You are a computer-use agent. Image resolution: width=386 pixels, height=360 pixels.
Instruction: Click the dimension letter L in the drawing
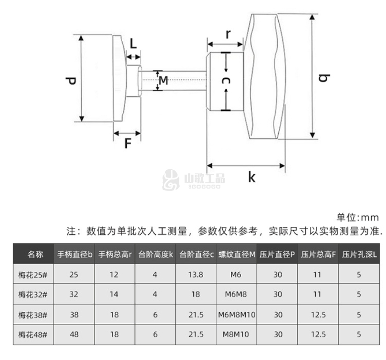click(x=133, y=44)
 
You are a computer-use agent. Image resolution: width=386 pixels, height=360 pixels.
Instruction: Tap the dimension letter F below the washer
click(x=128, y=144)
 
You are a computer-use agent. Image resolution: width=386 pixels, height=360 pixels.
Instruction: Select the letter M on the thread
click(x=163, y=81)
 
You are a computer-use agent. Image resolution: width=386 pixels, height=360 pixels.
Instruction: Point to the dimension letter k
click(x=252, y=177)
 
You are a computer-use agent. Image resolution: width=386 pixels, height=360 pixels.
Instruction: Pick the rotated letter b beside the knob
click(x=324, y=78)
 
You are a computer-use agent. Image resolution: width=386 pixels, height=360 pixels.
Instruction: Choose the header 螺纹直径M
click(x=237, y=254)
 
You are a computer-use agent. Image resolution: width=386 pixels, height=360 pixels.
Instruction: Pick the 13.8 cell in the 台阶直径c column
click(x=195, y=274)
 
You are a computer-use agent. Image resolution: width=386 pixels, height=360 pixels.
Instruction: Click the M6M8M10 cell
click(x=237, y=314)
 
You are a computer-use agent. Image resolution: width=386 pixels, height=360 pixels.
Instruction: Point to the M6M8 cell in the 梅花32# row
click(x=237, y=294)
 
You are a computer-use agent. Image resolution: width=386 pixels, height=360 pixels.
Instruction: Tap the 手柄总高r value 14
click(x=114, y=294)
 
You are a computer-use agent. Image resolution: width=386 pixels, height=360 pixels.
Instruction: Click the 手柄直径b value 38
click(x=74, y=314)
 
